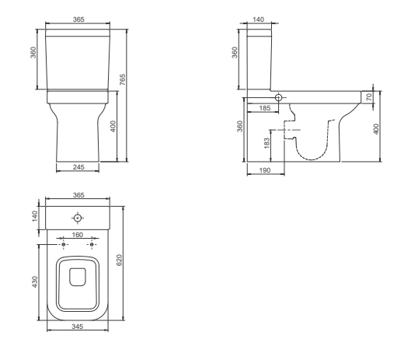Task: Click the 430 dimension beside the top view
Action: [x=36, y=281]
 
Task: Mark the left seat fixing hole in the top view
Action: [x=63, y=244]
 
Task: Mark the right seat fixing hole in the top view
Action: [x=92, y=244]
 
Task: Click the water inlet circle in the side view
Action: [x=281, y=99]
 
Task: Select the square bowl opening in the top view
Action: [x=77, y=276]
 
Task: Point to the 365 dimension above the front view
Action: [x=78, y=19]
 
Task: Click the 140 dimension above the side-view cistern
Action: [x=258, y=19]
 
